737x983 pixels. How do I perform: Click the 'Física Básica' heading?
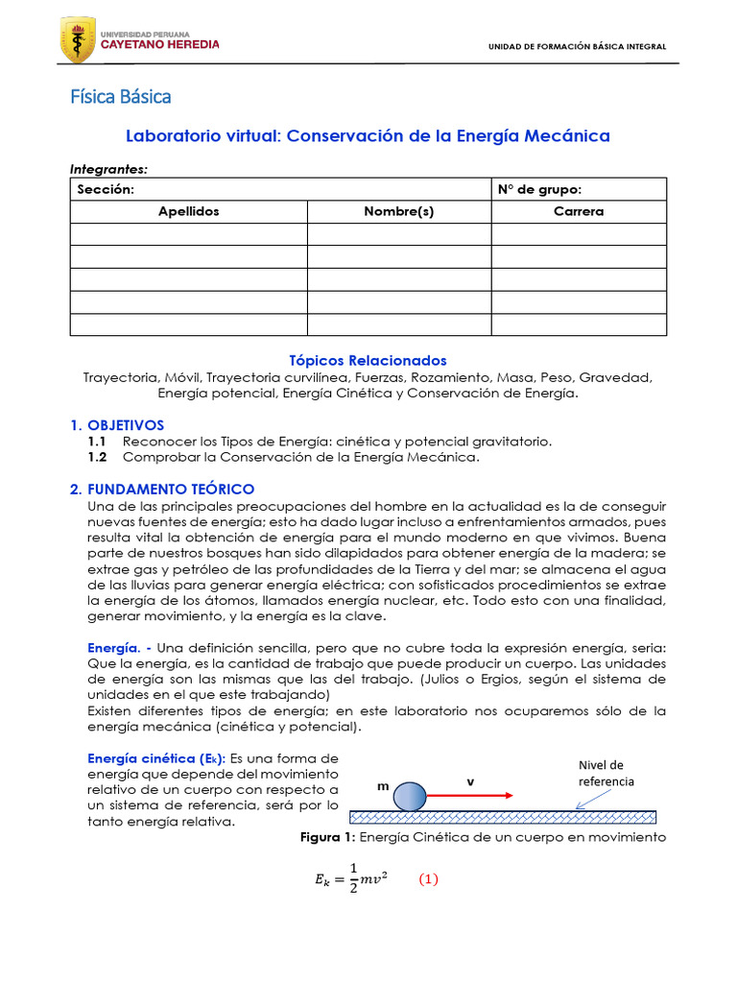121,97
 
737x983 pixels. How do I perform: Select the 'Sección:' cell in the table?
106,189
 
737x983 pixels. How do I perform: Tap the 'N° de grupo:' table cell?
539,189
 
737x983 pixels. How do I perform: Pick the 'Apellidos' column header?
189,212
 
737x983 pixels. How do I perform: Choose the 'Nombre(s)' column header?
399,212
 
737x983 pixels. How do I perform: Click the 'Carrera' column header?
579,212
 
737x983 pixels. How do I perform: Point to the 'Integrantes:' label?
108,169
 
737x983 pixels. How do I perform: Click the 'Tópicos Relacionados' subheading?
368,360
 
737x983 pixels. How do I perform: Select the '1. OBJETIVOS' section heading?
118,424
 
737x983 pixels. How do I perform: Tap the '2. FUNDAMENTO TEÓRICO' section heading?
162,490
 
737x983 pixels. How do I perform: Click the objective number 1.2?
98,457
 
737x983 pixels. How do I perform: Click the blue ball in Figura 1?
411,796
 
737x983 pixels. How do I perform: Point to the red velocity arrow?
468,796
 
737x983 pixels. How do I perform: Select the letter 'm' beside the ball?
383,785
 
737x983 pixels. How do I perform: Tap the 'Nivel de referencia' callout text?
606,773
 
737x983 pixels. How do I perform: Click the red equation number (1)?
428,879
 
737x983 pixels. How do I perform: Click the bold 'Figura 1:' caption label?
328,837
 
